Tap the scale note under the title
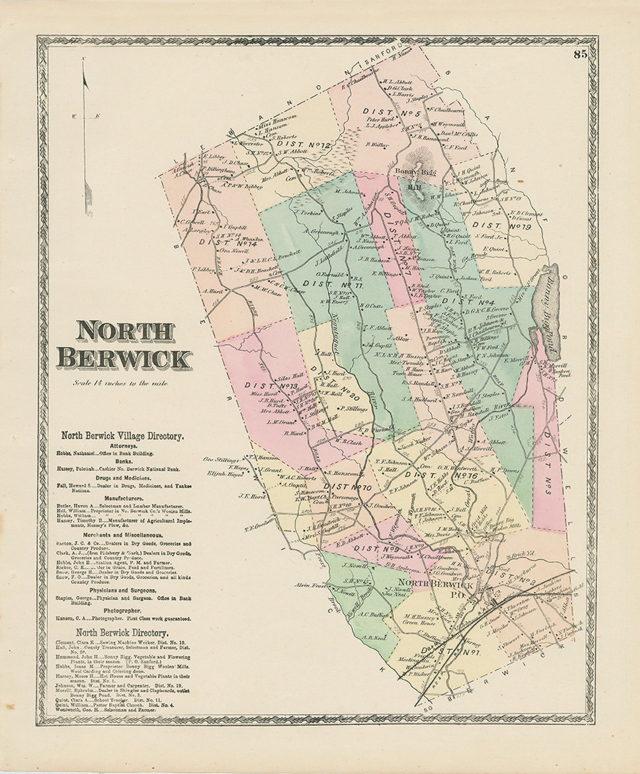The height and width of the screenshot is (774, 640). (121, 383)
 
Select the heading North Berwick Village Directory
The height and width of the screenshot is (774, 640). (123, 436)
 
